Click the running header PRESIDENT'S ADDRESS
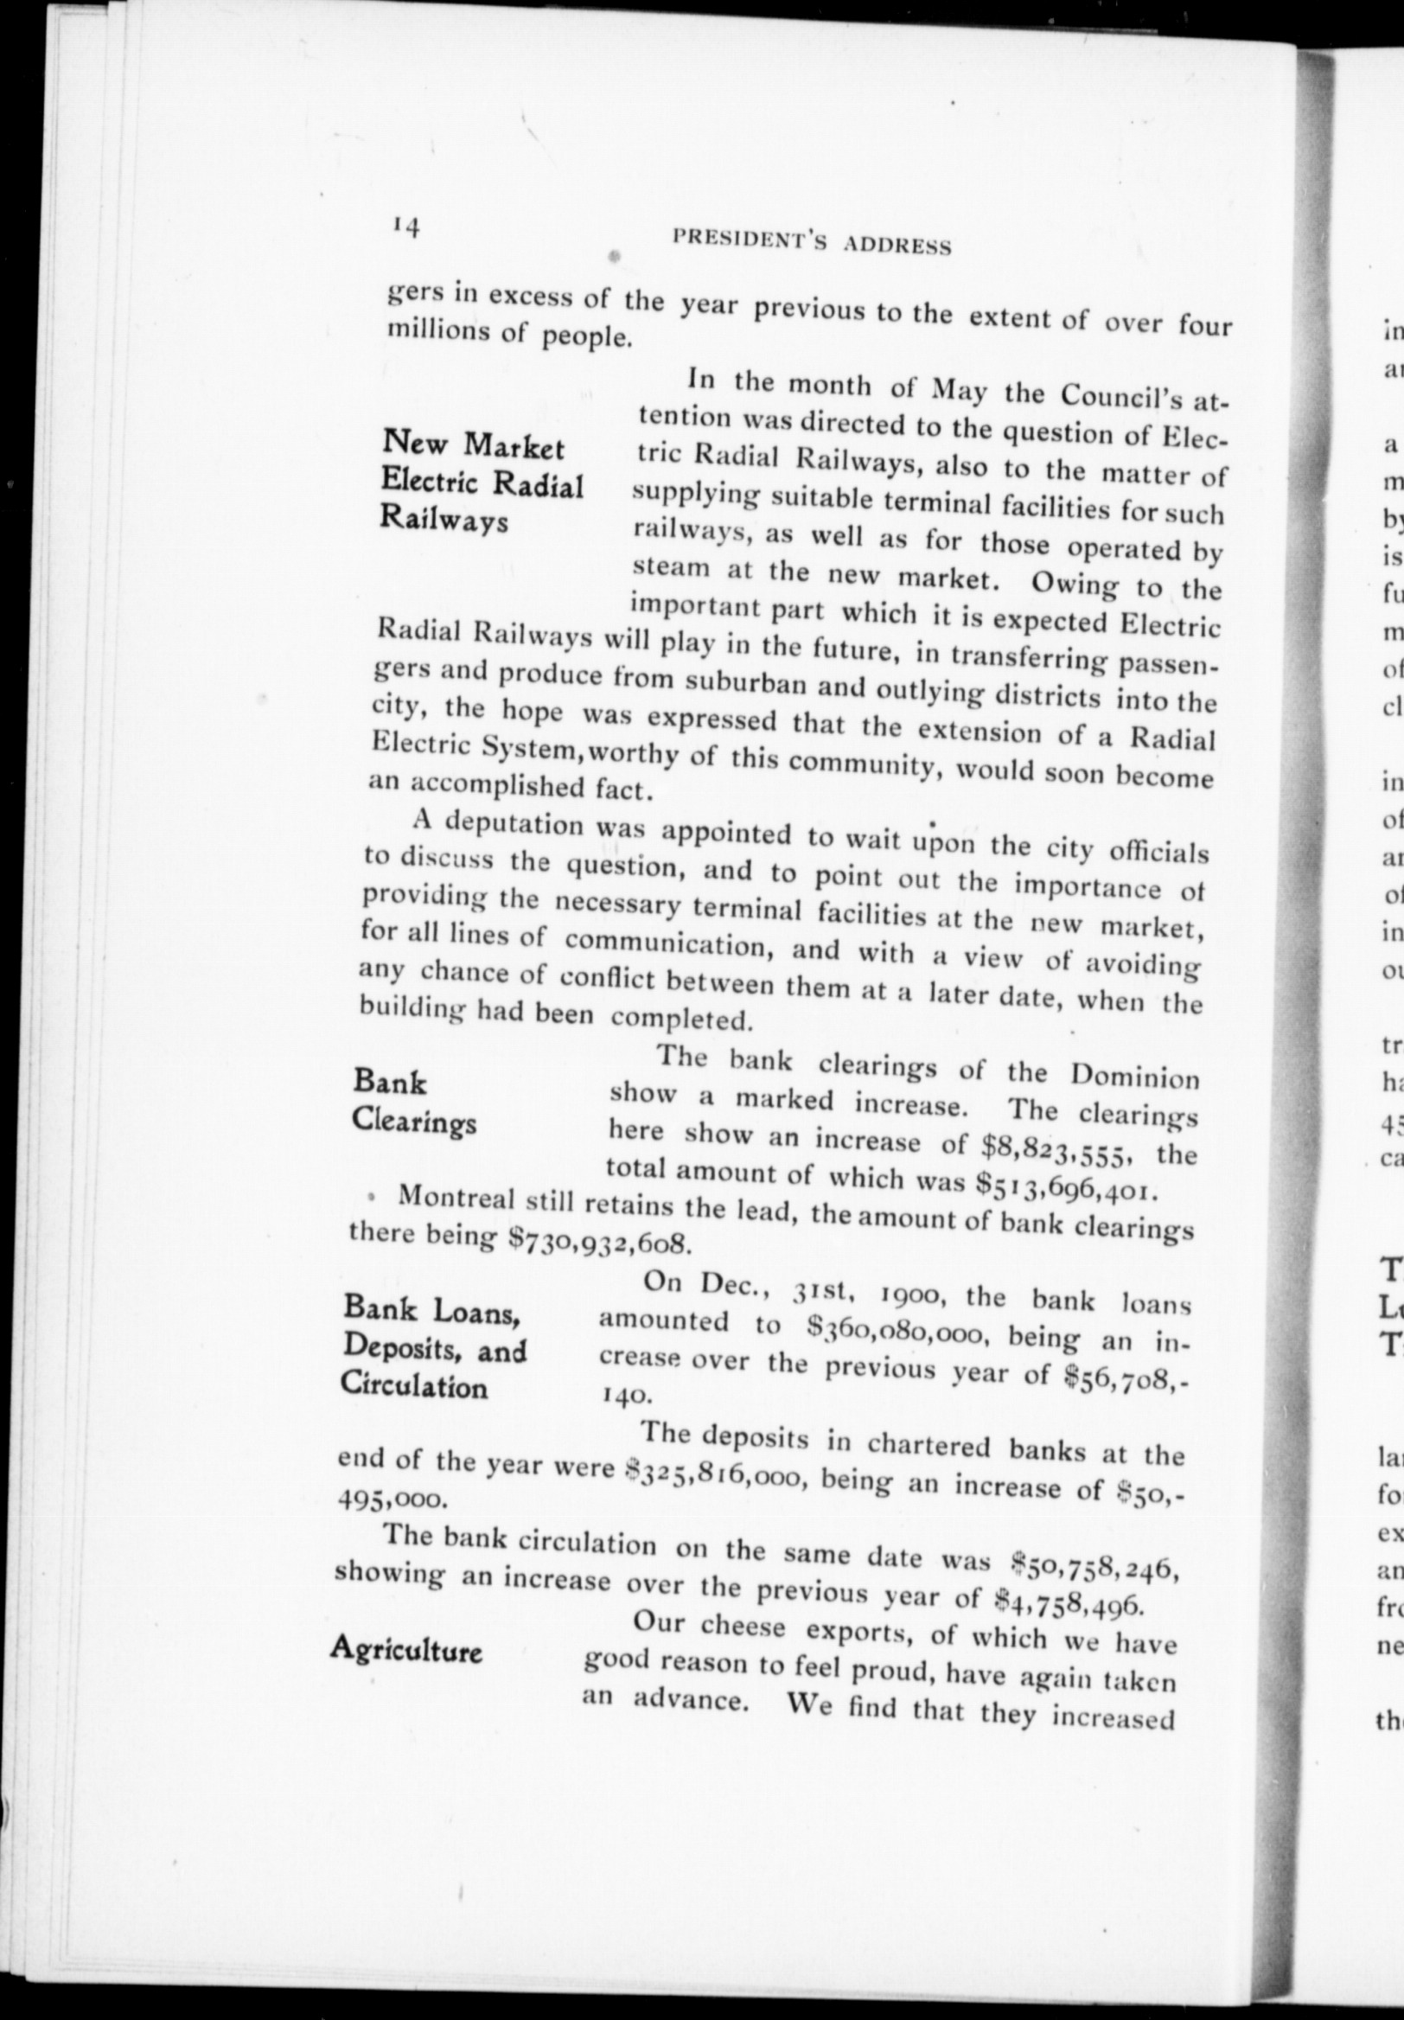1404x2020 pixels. (810, 242)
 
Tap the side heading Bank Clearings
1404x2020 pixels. (414, 1102)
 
